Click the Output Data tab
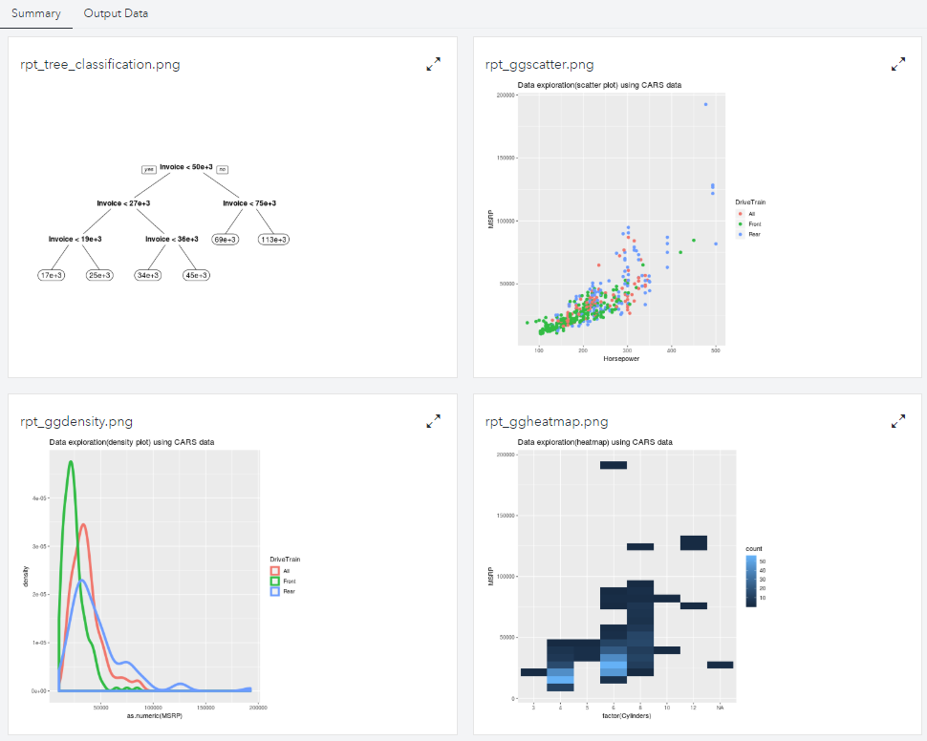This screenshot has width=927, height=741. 116,14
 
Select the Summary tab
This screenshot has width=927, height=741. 36,14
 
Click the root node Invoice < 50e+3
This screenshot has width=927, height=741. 186,167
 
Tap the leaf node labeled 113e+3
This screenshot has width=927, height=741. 273,240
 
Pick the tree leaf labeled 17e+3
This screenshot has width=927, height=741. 52,275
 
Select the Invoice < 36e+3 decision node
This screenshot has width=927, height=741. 172,239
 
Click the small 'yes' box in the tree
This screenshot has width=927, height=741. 148,169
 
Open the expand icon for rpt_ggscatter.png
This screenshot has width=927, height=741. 898,64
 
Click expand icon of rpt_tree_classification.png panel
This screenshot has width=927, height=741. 434,64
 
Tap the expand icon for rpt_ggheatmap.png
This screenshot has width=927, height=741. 898,420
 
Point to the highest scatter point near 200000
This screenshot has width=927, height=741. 706,104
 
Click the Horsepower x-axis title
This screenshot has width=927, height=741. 622,359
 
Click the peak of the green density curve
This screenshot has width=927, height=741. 70,463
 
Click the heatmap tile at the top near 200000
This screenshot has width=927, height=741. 614,465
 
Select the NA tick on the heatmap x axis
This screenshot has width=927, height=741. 721,708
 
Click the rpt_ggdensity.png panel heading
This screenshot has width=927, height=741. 76,421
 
